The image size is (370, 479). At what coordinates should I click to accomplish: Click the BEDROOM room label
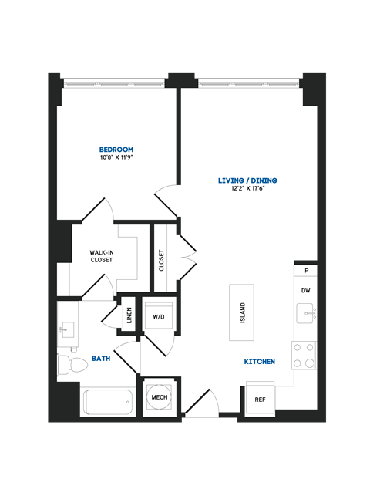click(116, 149)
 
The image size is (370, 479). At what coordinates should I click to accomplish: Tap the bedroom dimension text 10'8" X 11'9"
click(116, 159)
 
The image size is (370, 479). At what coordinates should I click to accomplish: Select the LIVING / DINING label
click(247, 180)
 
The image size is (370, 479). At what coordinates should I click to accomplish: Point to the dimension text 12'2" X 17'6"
click(247, 191)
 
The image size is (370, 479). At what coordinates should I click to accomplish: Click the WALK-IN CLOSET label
click(102, 256)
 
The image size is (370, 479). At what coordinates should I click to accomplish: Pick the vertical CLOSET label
click(162, 261)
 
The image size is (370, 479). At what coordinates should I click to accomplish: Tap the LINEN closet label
click(129, 315)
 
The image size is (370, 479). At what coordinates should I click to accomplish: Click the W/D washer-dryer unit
click(159, 317)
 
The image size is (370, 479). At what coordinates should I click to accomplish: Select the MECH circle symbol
click(160, 397)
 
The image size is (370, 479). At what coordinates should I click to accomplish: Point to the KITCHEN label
click(260, 361)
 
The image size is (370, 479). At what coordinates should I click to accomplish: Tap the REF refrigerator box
click(261, 399)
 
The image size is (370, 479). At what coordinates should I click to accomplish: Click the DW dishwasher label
click(306, 291)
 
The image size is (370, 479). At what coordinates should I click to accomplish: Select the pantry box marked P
click(306, 271)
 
